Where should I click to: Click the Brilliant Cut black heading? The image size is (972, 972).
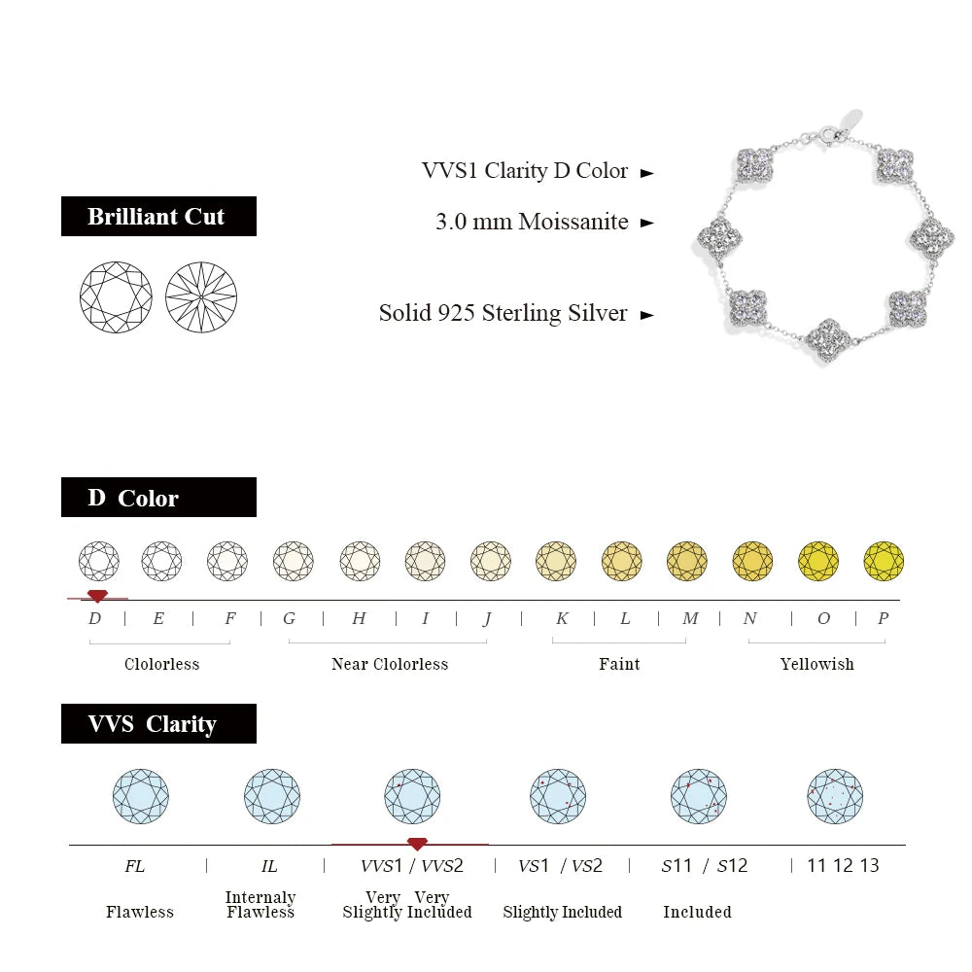[x=158, y=216]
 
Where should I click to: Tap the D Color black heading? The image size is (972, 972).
[x=158, y=498]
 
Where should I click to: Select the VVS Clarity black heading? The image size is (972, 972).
[x=158, y=724]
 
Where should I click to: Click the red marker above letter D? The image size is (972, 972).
[x=97, y=596]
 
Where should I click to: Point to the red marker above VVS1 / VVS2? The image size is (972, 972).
[x=417, y=844]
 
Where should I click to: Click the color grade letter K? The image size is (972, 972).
[x=562, y=618]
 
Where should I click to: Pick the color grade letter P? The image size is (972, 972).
[x=883, y=618]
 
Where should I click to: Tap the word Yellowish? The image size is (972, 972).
[x=816, y=664]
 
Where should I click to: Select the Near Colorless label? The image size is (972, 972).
[x=390, y=664]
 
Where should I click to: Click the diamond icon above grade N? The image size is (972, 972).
[x=752, y=561]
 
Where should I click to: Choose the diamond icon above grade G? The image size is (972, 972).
[x=293, y=561]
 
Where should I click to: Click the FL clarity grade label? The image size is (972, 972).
[x=134, y=865]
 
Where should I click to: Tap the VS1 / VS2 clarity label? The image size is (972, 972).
[x=560, y=865]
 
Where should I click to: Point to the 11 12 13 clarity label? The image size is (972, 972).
[x=843, y=865]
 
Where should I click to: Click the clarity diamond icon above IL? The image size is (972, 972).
[x=271, y=796]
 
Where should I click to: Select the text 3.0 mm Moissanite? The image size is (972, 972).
[x=532, y=222]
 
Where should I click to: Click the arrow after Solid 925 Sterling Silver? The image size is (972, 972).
[x=647, y=315]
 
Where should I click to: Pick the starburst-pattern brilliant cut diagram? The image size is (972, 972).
[x=201, y=296]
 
